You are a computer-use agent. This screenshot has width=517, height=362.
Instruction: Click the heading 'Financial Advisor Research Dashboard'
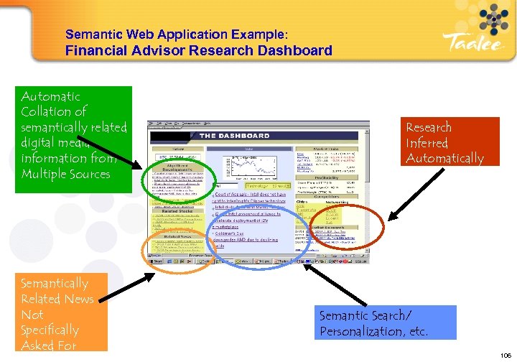[199, 50]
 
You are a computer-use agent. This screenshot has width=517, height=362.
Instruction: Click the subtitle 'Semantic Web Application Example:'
[177, 34]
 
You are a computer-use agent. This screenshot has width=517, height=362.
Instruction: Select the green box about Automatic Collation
[74, 139]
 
